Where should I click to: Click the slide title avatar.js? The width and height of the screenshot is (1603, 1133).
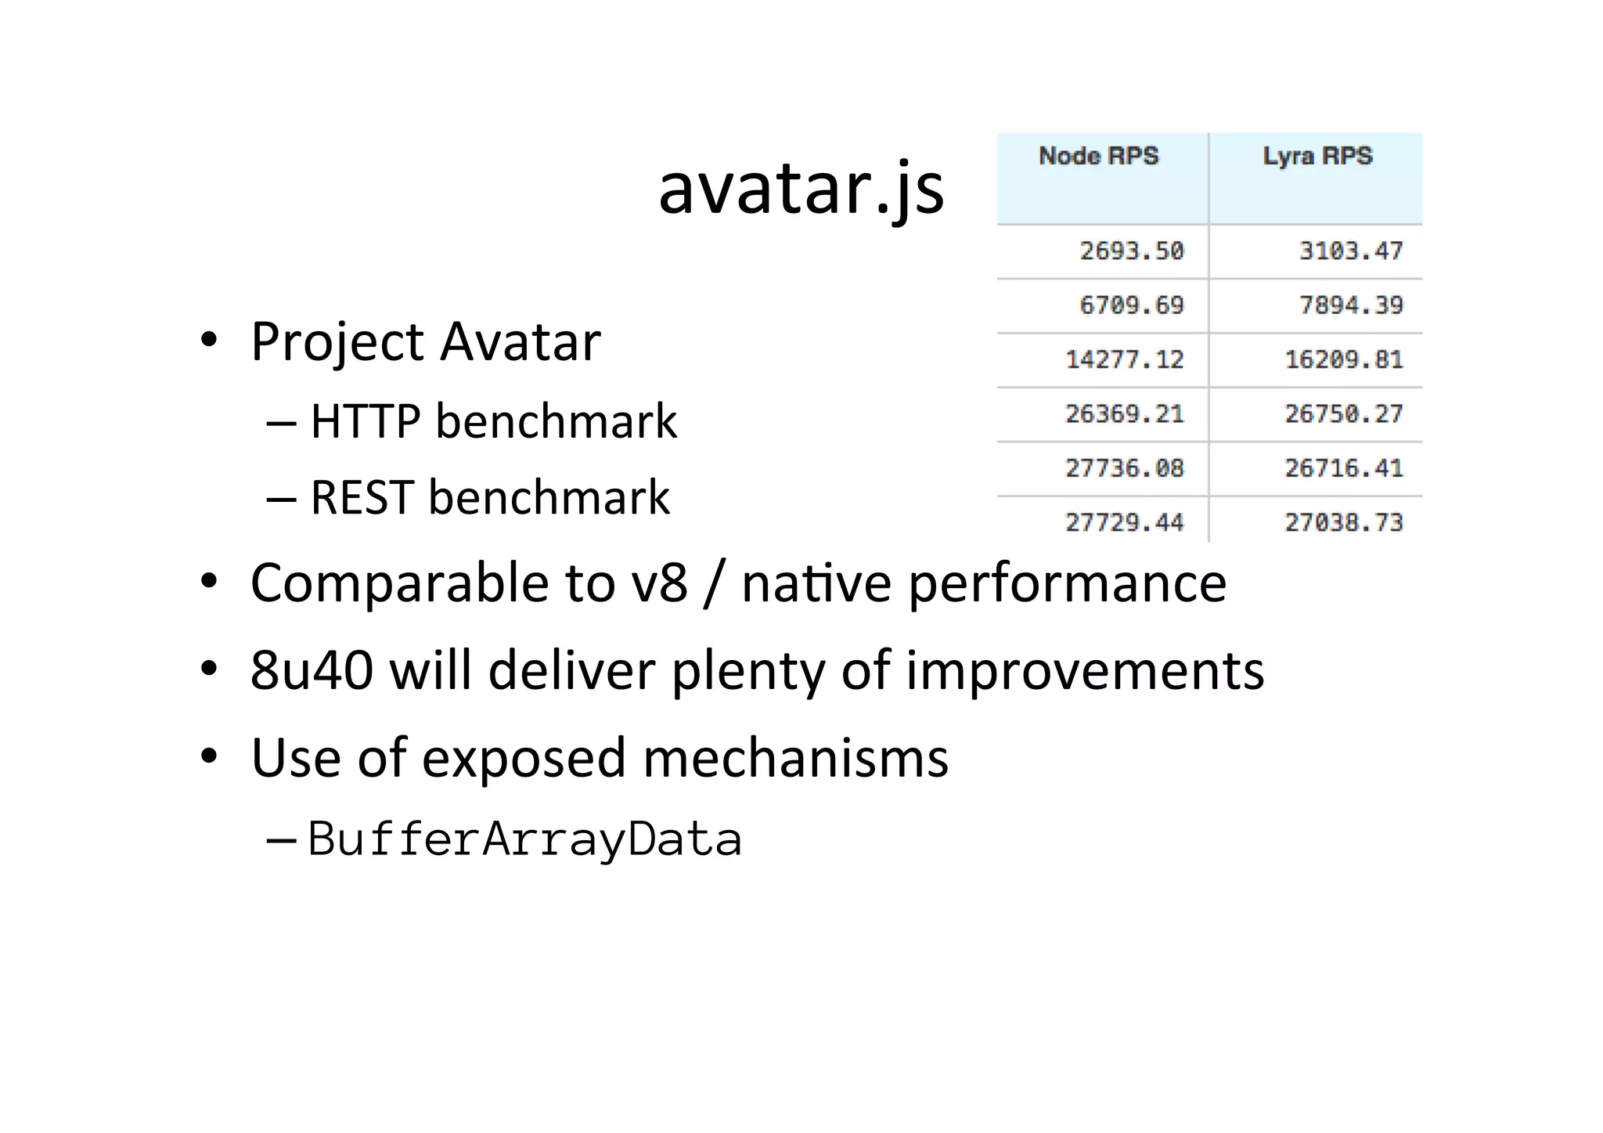(801, 189)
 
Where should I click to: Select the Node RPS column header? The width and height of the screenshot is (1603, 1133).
(1098, 156)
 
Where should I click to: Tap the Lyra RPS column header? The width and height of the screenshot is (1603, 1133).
(1317, 156)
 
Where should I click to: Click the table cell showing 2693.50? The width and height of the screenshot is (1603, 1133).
(1132, 251)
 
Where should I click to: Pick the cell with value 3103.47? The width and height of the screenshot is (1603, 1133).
(1351, 251)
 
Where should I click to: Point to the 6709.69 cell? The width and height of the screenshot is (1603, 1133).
(1132, 305)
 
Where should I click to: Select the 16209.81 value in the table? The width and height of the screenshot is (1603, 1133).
(1344, 360)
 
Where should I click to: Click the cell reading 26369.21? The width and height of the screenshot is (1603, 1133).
(1125, 414)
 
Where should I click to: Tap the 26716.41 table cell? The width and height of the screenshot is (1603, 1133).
(1344, 468)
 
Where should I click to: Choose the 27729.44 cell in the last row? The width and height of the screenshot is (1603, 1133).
(1125, 522)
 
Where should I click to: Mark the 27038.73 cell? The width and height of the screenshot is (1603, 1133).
(1344, 522)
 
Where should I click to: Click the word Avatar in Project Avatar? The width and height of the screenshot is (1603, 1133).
(521, 342)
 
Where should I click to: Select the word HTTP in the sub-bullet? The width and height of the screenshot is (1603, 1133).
(366, 421)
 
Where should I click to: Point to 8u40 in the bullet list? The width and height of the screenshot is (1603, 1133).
(312, 670)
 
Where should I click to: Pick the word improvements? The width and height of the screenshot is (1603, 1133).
(1085, 672)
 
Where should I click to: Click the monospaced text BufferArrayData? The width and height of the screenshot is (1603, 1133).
(524, 839)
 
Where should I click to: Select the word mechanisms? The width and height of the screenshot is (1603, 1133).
(795, 758)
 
